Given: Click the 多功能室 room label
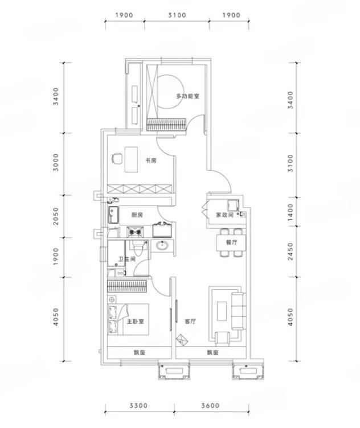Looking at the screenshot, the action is pos(187,96).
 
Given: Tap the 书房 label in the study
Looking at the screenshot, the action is pos(151,160).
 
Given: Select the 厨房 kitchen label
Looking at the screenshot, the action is pos(137,215).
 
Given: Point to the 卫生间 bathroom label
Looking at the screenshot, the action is pos(127,259).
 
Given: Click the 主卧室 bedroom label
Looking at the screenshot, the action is pos(135,321).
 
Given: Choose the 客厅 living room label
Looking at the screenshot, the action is pos(190,321).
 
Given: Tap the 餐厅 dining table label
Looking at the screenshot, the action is pos(232,242).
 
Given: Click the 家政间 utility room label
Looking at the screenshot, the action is pos(224,215).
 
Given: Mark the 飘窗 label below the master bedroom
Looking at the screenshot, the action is pos(140,353).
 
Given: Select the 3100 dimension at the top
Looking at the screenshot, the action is pos(177,15).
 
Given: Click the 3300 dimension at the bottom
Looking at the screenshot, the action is pos(138,406).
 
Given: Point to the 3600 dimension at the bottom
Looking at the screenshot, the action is pos(210,406).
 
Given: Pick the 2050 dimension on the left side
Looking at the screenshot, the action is pos(56,216).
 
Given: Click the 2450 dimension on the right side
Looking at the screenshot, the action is pos(291,252).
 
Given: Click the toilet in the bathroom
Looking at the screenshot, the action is pos(138,248).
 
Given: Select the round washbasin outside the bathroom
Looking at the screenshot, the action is pos(162,245).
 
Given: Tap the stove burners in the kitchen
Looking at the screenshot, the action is pos(136,232).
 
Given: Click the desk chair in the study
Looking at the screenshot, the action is pos(117,159).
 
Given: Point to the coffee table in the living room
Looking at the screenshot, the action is pos(222,311).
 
